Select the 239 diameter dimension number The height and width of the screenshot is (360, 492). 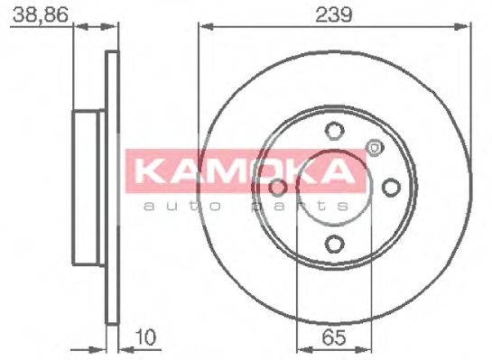(334, 14)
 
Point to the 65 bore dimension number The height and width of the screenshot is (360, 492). (334, 340)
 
